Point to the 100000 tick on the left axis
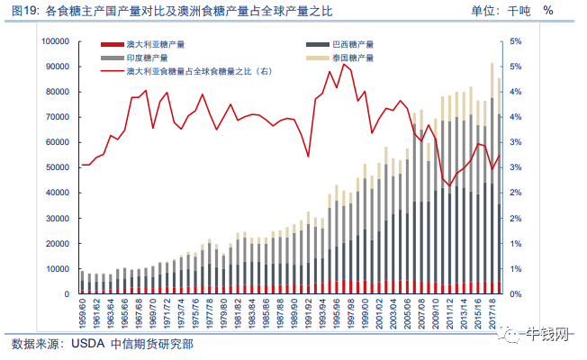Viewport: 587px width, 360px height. click(x=56, y=41)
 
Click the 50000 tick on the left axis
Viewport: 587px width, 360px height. click(x=58, y=167)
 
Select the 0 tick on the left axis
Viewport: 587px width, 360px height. click(x=67, y=294)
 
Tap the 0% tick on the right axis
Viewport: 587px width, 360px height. click(x=516, y=294)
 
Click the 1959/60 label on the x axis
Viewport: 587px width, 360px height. click(x=82, y=313)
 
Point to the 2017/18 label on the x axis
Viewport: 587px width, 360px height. click(x=492, y=313)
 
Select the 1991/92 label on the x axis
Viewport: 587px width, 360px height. click(x=308, y=313)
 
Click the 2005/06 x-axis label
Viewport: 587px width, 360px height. click(x=407, y=313)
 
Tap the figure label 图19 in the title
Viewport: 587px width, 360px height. click(x=24, y=11)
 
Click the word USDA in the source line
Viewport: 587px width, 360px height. click(x=87, y=344)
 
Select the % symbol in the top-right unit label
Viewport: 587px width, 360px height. click(x=548, y=11)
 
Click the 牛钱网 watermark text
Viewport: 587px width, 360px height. click(x=547, y=334)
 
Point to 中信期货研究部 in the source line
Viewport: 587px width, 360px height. click(x=152, y=344)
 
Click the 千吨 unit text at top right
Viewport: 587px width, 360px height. click(x=519, y=11)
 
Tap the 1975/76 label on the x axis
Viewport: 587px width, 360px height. click(x=195, y=313)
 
